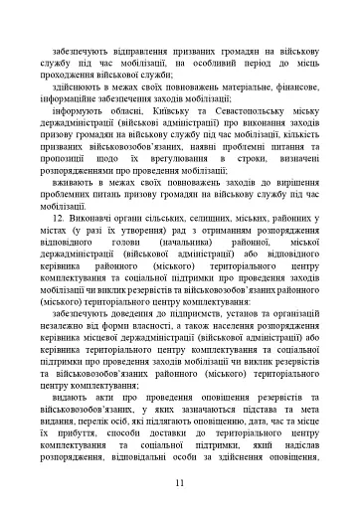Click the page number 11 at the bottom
tap(179, 484)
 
